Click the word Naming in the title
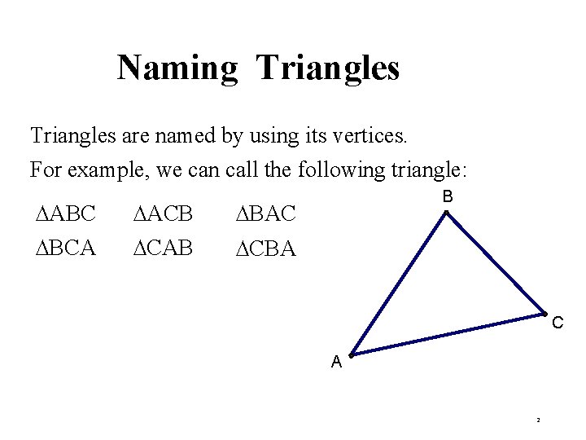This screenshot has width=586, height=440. tap(177, 68)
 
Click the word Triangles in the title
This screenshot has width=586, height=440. tap(328, 68)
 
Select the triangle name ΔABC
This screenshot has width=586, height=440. tap(66, 214)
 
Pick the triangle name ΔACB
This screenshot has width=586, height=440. tap(163, 214)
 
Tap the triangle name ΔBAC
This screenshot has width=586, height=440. tap(265, 214)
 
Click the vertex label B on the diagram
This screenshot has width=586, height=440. tap(448, 197)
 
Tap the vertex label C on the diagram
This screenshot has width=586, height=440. tap(558, 323)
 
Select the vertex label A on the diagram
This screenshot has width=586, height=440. tap(336, 363)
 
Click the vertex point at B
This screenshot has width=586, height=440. tap(446, 213)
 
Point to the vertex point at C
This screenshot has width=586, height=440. tap(544, 314)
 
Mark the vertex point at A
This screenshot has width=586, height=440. tap(351, 355)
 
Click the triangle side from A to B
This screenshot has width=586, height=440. tap(398, 284)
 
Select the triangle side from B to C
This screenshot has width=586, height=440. tap(495, 263)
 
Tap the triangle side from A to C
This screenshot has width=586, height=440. tap(448, 334)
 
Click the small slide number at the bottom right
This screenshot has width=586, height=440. tap(538, 420)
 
